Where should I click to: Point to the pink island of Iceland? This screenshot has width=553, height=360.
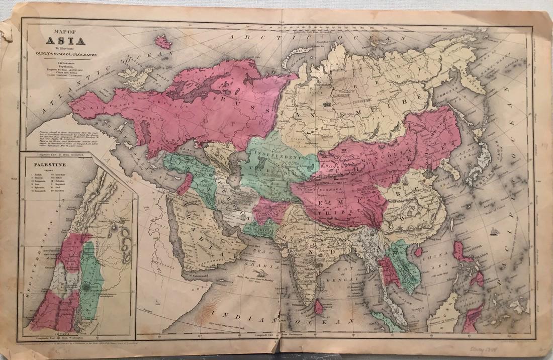pyautogui.click(x=163, y=41)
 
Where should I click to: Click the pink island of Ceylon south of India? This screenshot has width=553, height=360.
pyautogui.click(x=319, y=306)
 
